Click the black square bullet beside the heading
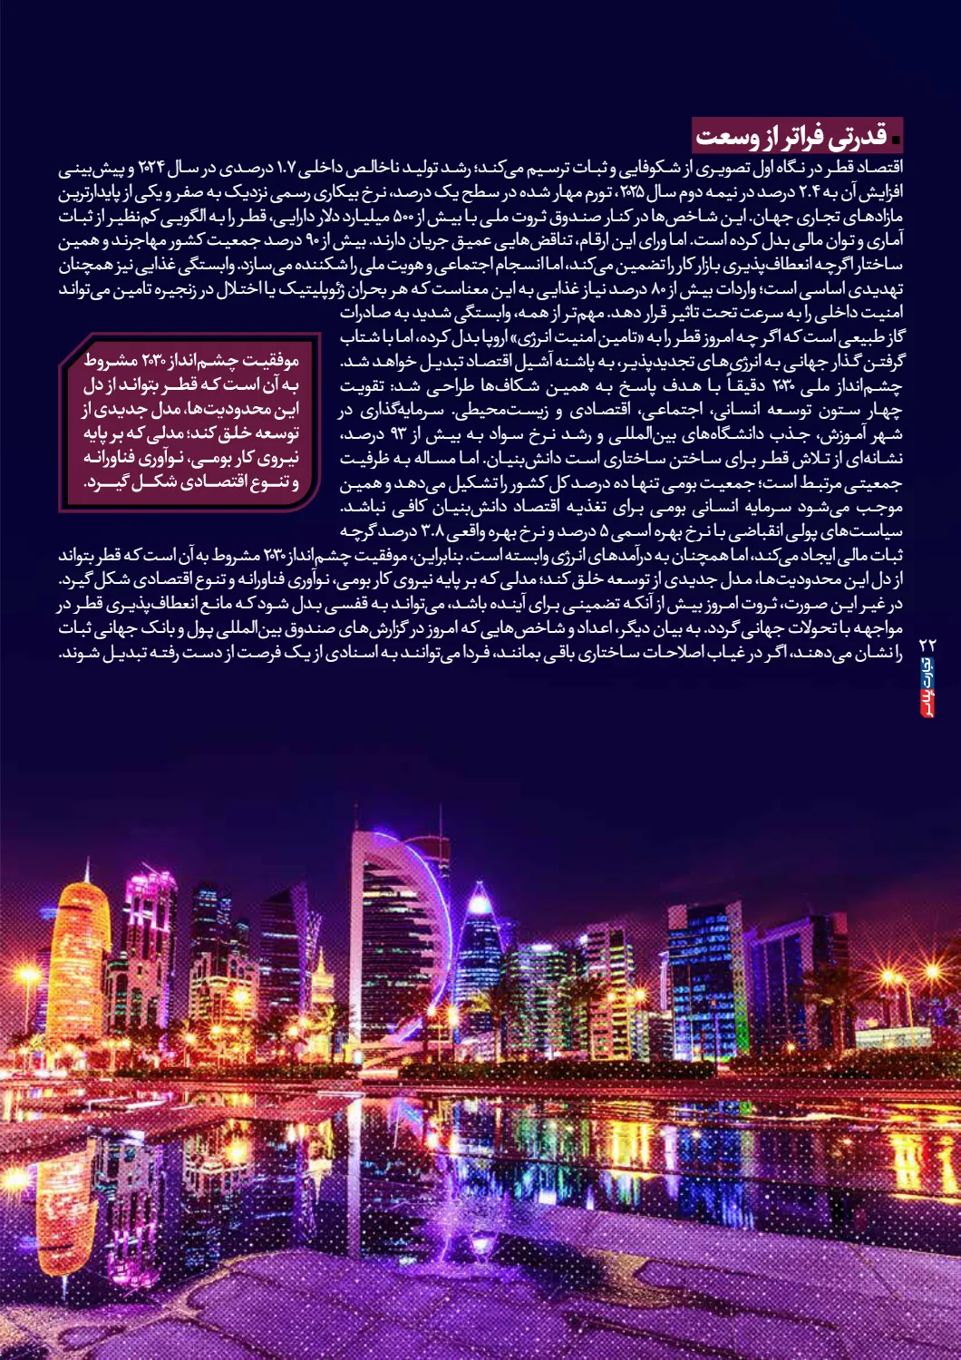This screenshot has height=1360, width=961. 896,140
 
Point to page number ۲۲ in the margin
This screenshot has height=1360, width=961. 927,645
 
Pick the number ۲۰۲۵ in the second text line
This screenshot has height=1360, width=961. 633,193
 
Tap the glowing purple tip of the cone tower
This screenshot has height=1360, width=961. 480,901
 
